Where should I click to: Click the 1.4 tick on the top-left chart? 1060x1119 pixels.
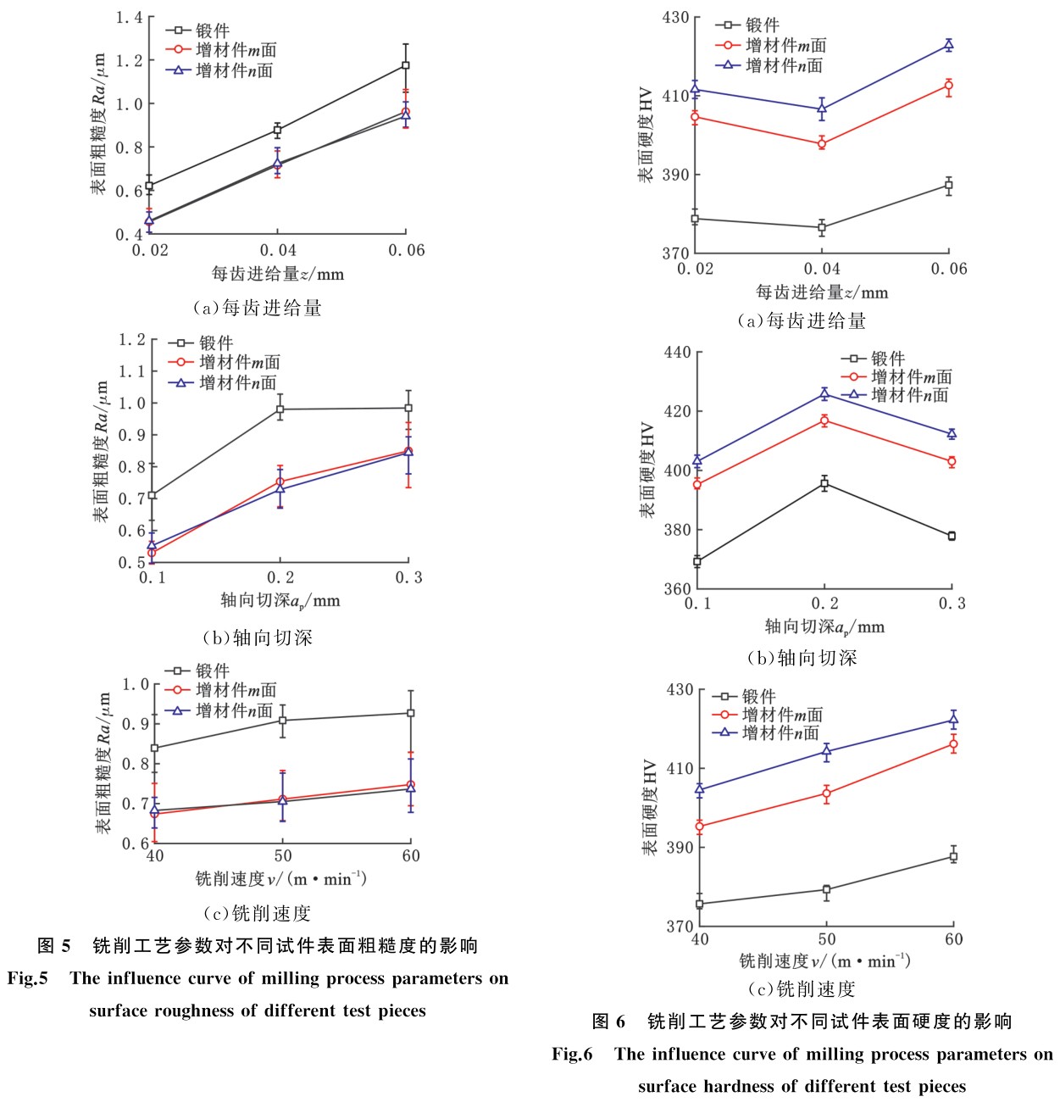tap(130, 17)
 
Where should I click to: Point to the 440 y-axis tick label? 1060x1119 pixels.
tap(677, 352)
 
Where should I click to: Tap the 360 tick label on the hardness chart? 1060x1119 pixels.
tap(677, 588)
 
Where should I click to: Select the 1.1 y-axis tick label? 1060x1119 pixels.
tap(132, 371)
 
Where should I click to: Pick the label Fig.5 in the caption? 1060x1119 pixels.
tap(27, 978)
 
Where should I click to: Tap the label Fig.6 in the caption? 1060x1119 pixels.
tap(572, 1054)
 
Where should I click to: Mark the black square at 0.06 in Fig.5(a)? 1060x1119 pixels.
tap(406, 65)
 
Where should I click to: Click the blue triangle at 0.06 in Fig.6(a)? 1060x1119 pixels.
tap(948, 45)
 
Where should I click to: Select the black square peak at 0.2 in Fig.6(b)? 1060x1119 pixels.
tap(824, 483)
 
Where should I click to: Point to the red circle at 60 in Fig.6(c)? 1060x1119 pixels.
tap(953, 744)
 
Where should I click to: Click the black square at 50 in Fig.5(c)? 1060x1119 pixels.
tap(282, 721)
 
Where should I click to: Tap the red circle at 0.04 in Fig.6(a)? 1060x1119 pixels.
tap(822, 143)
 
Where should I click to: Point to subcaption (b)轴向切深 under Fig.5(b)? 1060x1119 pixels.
tap(258, 638)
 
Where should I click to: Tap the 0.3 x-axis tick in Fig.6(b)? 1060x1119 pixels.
tap(952, 604)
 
